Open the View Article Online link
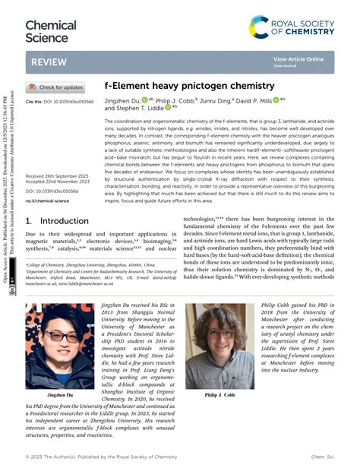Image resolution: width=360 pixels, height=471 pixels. coord(298,58)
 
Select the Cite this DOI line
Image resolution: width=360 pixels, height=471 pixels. coord(60,101)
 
